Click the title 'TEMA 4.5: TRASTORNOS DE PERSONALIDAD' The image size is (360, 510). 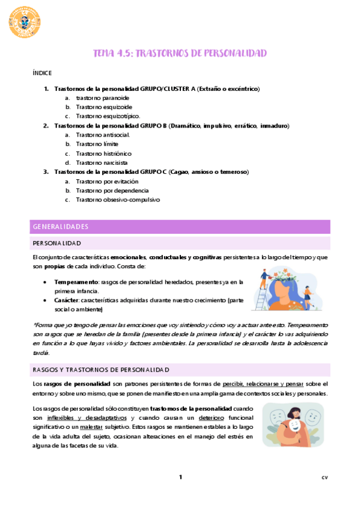coord(180,54)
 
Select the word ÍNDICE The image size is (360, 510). coord(42,72)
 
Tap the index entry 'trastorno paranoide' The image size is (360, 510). coord(102,97)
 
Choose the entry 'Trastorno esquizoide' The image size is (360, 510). coord(104,106)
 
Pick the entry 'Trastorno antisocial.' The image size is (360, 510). coord(103,135)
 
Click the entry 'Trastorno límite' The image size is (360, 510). coord(97,144)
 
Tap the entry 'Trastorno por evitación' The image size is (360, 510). coord(107,181)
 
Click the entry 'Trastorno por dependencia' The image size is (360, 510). coord(111,190)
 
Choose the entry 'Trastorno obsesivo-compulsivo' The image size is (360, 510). coord(118,200)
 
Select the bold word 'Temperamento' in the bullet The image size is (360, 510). coord(76,281)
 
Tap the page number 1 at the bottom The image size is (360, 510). coord(180,478)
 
